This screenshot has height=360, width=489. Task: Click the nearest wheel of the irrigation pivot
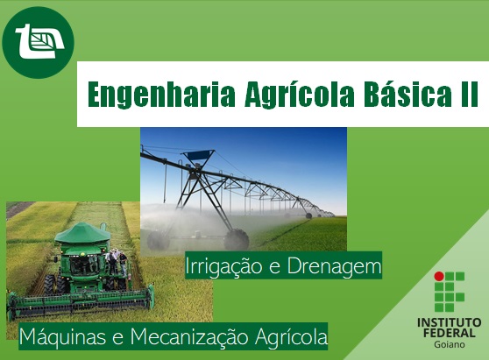237,239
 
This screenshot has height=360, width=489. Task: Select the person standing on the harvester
113,260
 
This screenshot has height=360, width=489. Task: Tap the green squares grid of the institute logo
456,293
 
